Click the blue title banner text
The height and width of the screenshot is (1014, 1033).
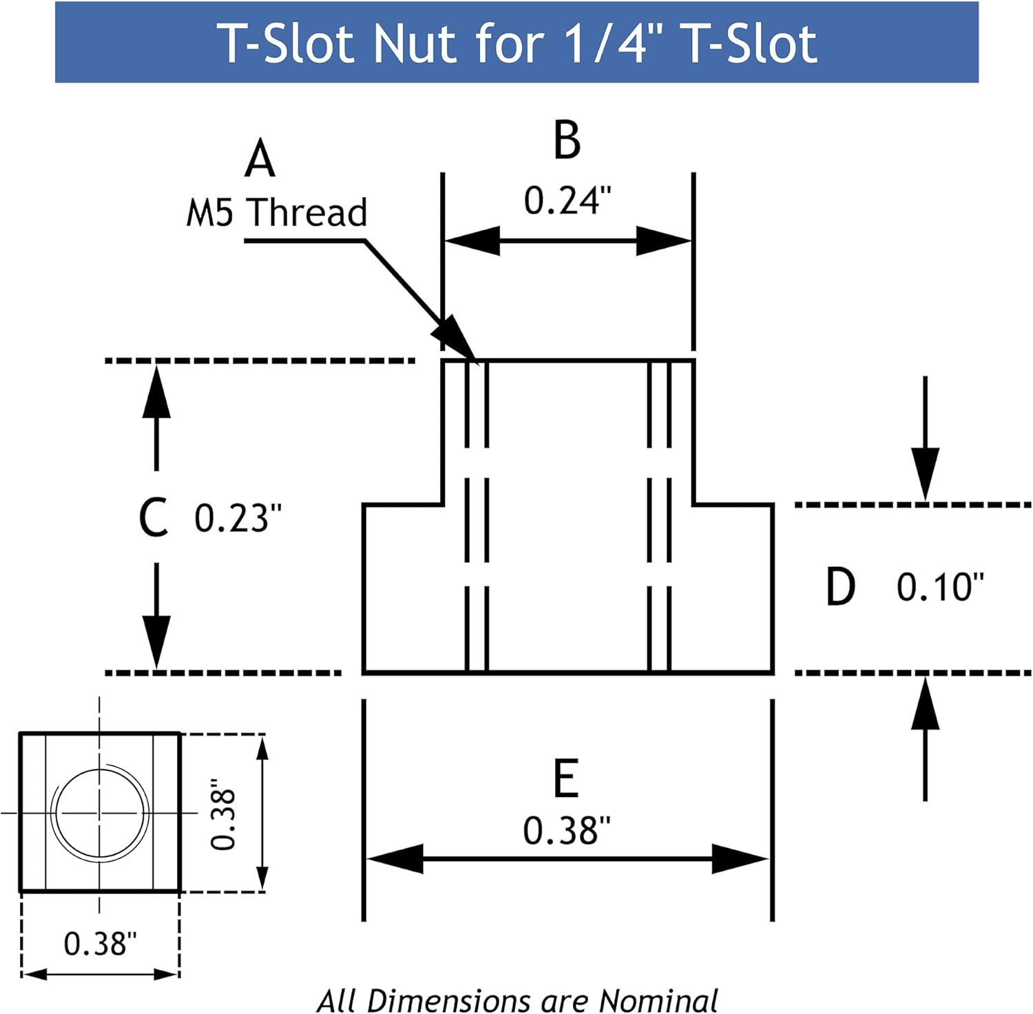point(516,43)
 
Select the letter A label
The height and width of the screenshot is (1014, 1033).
point(260,159)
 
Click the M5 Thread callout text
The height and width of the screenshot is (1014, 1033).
point(277,212)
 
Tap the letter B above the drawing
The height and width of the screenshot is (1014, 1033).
point(567,140)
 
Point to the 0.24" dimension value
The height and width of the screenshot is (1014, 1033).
point(567,200)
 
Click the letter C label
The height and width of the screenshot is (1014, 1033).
point(153,518)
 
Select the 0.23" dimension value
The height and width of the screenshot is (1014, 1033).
point(238,518)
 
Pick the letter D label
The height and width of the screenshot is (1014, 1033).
point(840,587)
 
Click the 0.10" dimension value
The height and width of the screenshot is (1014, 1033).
point(940,587)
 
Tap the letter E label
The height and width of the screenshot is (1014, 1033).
point(566,778)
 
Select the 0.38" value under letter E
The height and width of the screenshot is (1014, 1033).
point(566,830)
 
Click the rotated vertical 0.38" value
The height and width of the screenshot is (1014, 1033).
point(223,814)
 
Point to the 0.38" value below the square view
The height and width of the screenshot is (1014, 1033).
point(101,943)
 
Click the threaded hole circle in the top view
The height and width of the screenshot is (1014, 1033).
point(101,814)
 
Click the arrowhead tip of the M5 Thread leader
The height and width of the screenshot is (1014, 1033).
point(475,359)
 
